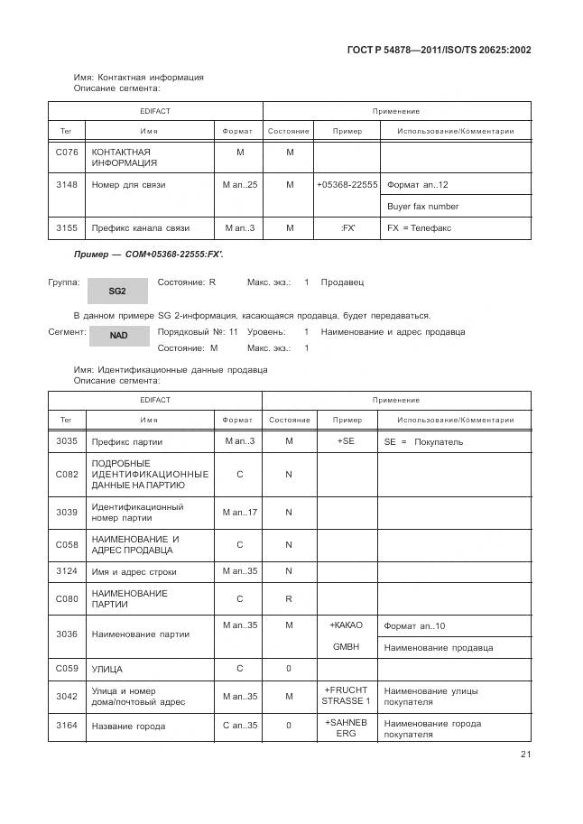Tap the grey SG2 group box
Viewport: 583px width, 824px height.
tap(116, 291)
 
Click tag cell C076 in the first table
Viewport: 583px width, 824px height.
tap(66, 153)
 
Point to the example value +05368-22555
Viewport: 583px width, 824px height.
tap(347, 185)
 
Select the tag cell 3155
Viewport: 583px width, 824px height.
tap(66, 228)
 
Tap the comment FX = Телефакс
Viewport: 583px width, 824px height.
tap(419, 228)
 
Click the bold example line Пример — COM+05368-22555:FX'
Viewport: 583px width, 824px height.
tap(148, 255)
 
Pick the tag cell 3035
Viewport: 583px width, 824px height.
tap(66, 441)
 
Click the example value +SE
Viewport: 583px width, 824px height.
tap(347, 441)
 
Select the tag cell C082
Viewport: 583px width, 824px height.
tap(66, 474)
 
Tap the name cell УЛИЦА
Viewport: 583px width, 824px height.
tap(107, 670)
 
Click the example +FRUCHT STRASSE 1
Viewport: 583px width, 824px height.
tap(347, 695)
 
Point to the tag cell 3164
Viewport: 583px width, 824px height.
tap(66, 726)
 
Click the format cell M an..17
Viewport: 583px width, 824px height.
tap(239, 513)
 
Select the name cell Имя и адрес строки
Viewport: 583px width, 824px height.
tap(134, 571)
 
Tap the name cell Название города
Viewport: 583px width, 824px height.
tap(128, 726)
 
